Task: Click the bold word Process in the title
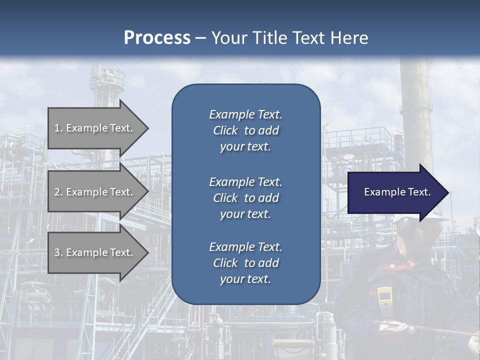click(x=156, y=37)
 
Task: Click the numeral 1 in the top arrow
click(x=57, y=128)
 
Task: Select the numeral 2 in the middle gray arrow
click(x=57, y=192)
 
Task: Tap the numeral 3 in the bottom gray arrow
click(x=57, y=252)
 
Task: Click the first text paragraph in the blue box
click(x=245, y=130)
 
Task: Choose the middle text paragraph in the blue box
click(x=245, y=198)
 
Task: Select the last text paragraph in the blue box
click(x=245, y=263)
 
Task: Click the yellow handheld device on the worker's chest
click(x=384, y=297)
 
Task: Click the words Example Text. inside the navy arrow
click(x=397, y=192)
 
